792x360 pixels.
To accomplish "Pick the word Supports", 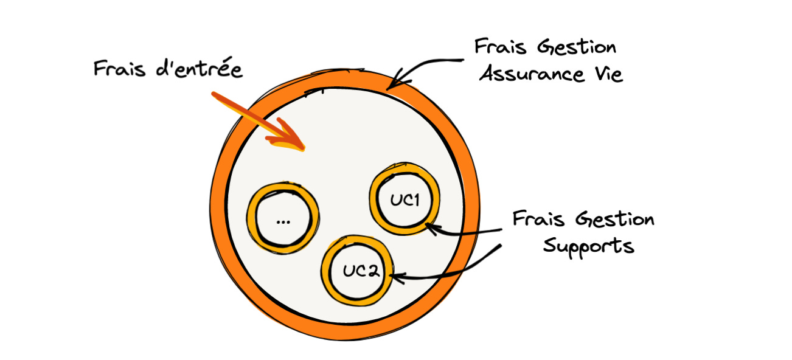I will tap(588, 246).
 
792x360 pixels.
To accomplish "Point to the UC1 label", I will tap(405, 199).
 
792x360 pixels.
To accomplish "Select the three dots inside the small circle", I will tap(282, 221).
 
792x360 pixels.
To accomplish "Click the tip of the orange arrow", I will tap(302, 147).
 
